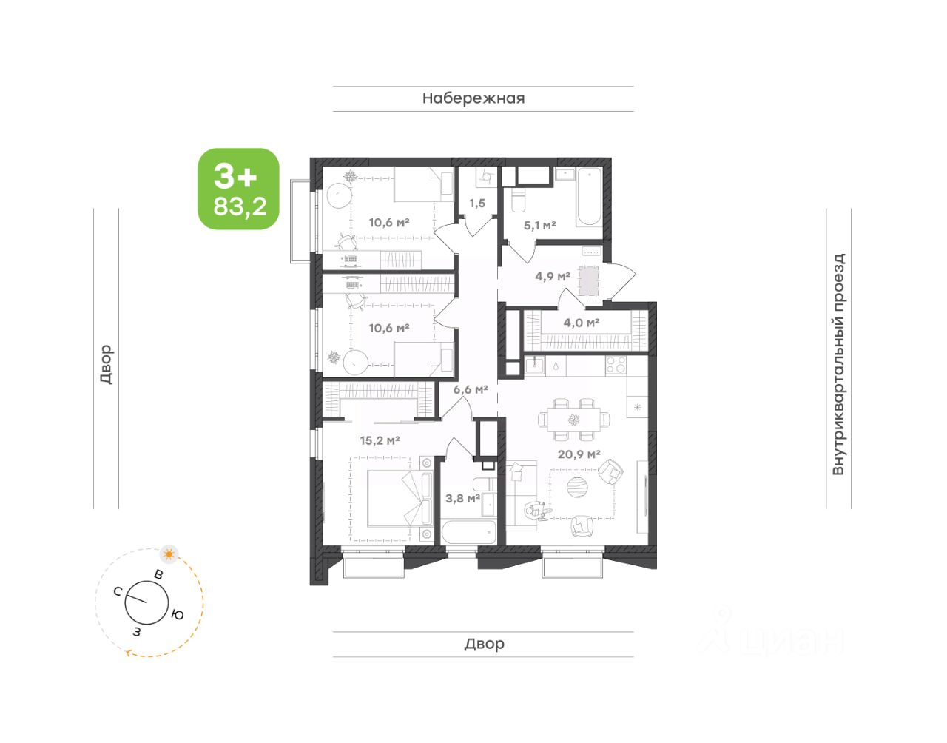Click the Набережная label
473,98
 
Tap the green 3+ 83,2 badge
238,189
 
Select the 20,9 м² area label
579,454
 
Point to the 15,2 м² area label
380,440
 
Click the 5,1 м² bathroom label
539,225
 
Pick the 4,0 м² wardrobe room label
582,323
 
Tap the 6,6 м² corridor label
471,389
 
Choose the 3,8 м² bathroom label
463,497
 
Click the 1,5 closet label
477,204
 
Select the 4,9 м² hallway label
553,276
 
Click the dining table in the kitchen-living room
573,420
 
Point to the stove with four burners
616,365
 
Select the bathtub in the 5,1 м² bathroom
589,197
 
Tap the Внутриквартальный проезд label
838,364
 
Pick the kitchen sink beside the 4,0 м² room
535,365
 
